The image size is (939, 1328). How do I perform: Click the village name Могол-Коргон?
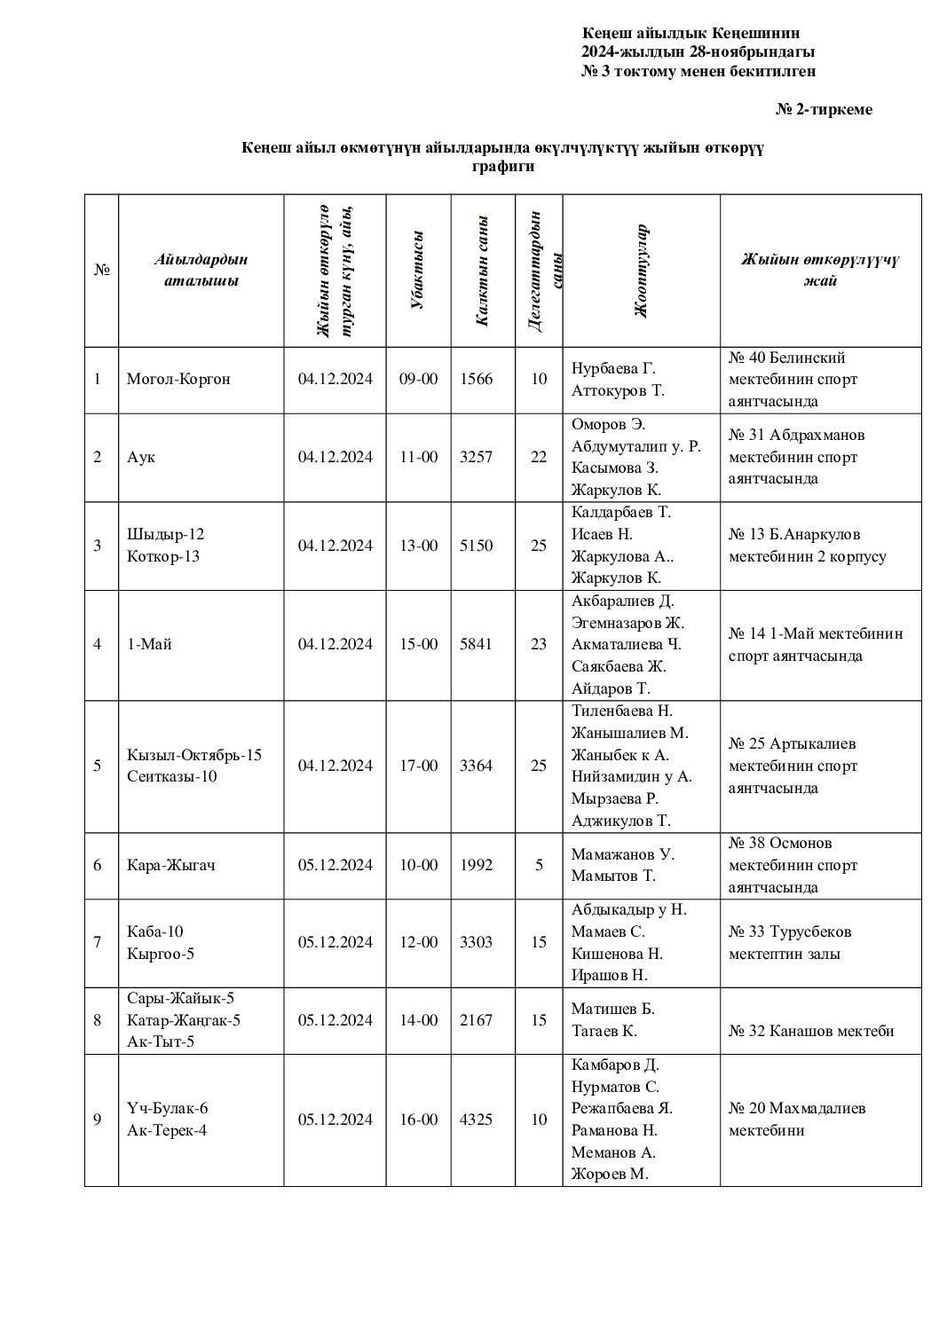point(178,379)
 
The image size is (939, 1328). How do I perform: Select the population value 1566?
point(476,379)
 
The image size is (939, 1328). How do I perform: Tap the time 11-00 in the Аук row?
point(418,457)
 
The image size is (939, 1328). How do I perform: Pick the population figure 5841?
point(476,644)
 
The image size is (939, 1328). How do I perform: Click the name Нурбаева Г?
point(613,368)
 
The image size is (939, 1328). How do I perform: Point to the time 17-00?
point(418,766)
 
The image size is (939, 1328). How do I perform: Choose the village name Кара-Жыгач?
point(171,865)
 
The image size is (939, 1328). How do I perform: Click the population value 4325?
point(476,1120)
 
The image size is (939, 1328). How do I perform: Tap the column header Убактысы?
point(418,270)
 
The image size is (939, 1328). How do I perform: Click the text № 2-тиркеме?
point(824,109)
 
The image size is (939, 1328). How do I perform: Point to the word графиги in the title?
point(502,166)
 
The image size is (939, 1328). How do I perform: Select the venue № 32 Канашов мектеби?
point(811,1031)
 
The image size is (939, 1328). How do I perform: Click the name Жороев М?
point(610,1175)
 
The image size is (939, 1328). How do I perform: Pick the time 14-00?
point(418,1020)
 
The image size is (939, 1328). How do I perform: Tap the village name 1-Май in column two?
point(149,644)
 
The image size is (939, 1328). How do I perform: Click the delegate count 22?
point(539,457)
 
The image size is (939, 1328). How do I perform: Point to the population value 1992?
point(476,865)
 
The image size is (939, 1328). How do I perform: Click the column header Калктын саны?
point(482,271)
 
